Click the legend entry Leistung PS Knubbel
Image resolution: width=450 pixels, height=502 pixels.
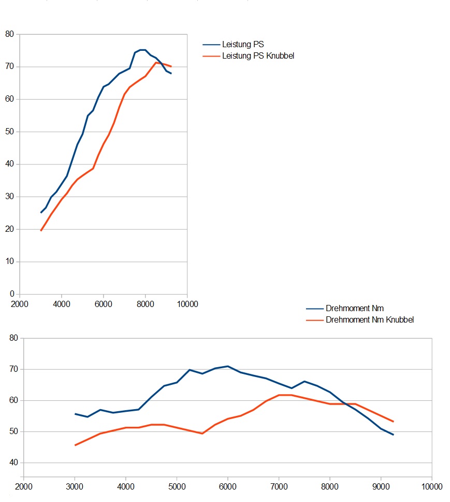click(x=258, y=55)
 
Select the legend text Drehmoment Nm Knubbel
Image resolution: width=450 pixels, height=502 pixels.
click(x=370, y=319)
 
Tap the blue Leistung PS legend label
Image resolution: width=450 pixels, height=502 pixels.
click(x=243, y=45)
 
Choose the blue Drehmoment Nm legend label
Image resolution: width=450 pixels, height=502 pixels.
click(x=355, y=309)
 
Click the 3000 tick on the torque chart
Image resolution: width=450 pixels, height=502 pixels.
click(x=75, y=486)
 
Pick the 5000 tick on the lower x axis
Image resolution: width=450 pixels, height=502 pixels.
click(x=177, y=486)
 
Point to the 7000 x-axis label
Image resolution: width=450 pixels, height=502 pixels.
click(x=279, y=486)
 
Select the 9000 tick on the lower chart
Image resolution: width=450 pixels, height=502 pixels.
click(x=381, y=486)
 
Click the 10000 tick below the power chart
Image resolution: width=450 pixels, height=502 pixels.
click(x=187, y=304)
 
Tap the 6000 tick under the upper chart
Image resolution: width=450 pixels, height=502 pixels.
click(x=103, y=304)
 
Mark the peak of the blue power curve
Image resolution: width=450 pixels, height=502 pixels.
click(x=142, y=50)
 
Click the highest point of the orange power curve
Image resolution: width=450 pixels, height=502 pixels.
click(x=156, y=63)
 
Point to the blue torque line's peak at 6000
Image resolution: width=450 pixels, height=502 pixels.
click(x=228, y=366)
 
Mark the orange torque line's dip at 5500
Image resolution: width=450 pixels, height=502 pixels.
click(x=202, y=433)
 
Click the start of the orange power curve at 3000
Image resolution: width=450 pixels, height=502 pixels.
click(x=41, y=230)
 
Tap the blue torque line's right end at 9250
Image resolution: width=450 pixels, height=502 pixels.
click(x=394, y=435)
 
